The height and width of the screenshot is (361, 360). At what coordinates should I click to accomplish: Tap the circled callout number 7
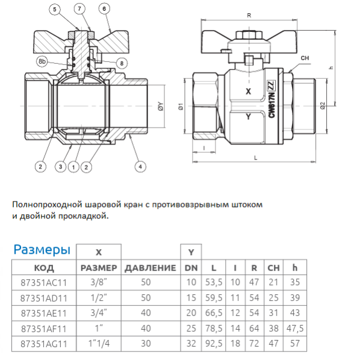[79, 9]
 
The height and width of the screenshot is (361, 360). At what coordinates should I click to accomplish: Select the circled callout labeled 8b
[41, 61]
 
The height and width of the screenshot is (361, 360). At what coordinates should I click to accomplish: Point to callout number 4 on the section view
[140, 165]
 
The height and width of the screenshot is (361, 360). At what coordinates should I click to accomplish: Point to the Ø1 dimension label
[179, 108]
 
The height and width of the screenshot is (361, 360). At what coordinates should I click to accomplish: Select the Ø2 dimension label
[323, 106]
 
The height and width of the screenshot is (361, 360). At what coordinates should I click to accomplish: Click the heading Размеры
[42, 250]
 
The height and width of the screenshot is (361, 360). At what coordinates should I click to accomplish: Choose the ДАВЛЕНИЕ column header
[151, 268]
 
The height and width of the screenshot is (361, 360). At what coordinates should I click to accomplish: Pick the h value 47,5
[294, 329]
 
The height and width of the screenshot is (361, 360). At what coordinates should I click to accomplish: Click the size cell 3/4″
[98, 313]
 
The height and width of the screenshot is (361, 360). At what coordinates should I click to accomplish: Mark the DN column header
[191, 268]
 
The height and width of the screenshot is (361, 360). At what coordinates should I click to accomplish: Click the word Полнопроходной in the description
[49, 205]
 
